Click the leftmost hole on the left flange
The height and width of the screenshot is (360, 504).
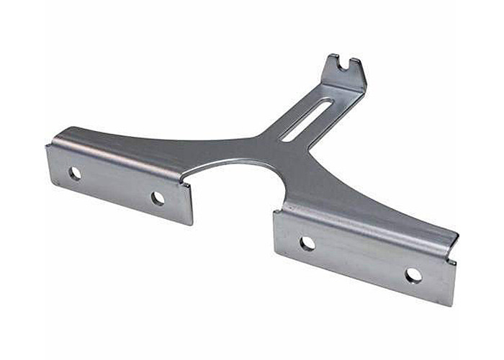(75, 173)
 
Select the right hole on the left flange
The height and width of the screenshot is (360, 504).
(158, 198)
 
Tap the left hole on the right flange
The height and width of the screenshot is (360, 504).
(307, 243)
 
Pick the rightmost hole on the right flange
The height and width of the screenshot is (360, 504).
(413, 275)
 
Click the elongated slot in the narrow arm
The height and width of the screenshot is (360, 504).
(306, 120)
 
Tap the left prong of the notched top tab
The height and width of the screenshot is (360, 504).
(333, 60)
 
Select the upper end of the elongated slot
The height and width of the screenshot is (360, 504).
(328, 104)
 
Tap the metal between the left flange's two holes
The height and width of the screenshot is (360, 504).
(115, 185)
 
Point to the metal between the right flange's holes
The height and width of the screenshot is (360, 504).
(360, 259)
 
